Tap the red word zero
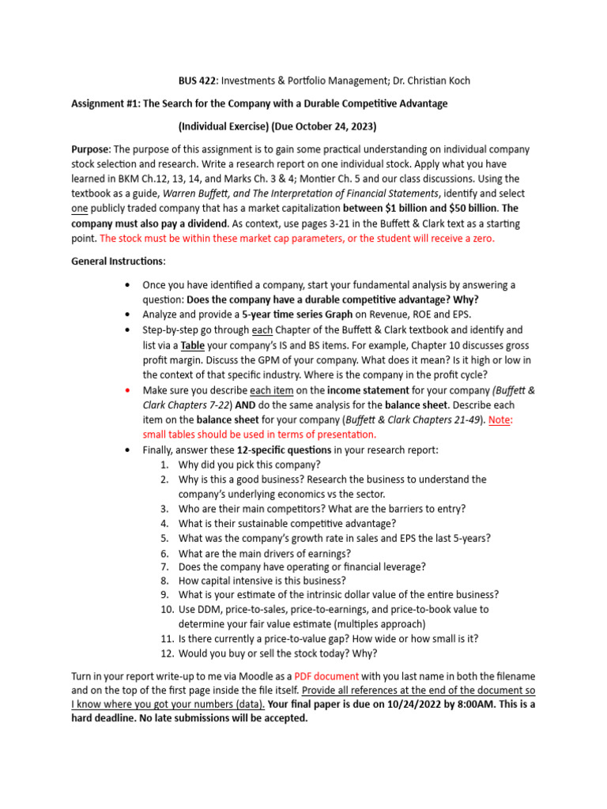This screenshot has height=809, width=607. point(479,238)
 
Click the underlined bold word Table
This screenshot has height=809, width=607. point(194,345)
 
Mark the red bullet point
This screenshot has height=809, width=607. point(126,390)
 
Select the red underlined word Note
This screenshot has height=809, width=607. point(499,420)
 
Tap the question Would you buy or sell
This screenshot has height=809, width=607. point(277,653)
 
